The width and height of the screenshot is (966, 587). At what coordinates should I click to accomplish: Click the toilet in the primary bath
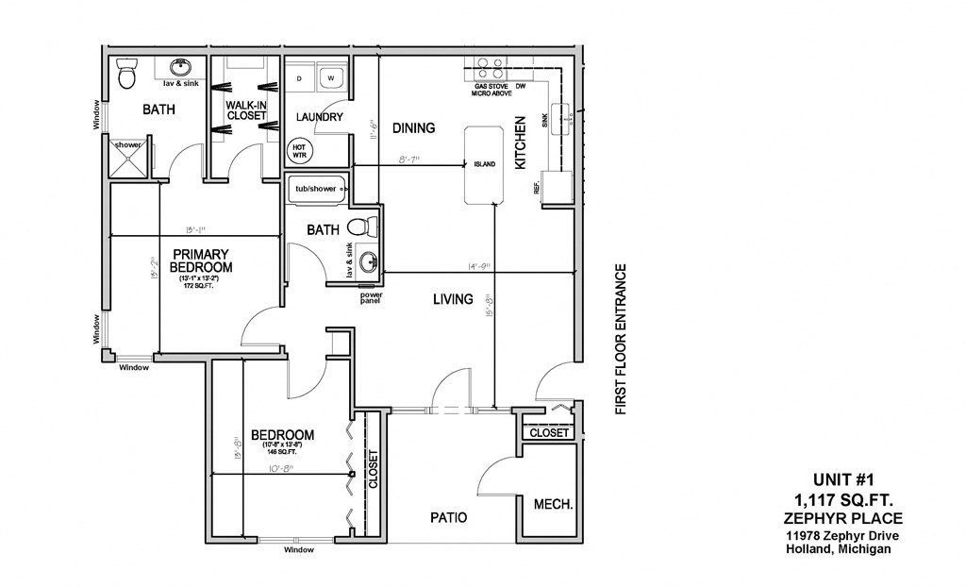coord(126,75)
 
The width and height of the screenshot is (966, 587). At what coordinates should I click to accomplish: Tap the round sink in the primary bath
coord(180,68)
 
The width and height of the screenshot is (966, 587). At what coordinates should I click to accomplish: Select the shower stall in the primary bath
coord(129,158)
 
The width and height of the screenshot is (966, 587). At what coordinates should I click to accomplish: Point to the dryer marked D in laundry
coord(299,78)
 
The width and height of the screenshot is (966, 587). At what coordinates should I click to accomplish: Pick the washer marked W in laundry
coord(331,78)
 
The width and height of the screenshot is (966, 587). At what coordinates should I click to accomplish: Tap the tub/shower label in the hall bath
coord(315,189)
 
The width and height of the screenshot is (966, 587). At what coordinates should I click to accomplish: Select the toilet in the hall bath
coord(361,227)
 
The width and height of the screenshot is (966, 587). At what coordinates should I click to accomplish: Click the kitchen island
coord(484,164)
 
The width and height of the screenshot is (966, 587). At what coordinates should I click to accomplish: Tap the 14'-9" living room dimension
coord(475,267)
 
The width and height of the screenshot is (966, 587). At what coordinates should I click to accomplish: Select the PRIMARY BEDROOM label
coord(200,260)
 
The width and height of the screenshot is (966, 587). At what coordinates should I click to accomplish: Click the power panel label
coord(371,298)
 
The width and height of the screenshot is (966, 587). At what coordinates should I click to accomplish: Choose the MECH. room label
coord(553,504)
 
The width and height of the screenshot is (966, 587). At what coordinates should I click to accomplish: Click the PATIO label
coord(449,517)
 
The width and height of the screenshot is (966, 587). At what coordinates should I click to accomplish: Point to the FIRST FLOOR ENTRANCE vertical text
coord(621,339)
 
